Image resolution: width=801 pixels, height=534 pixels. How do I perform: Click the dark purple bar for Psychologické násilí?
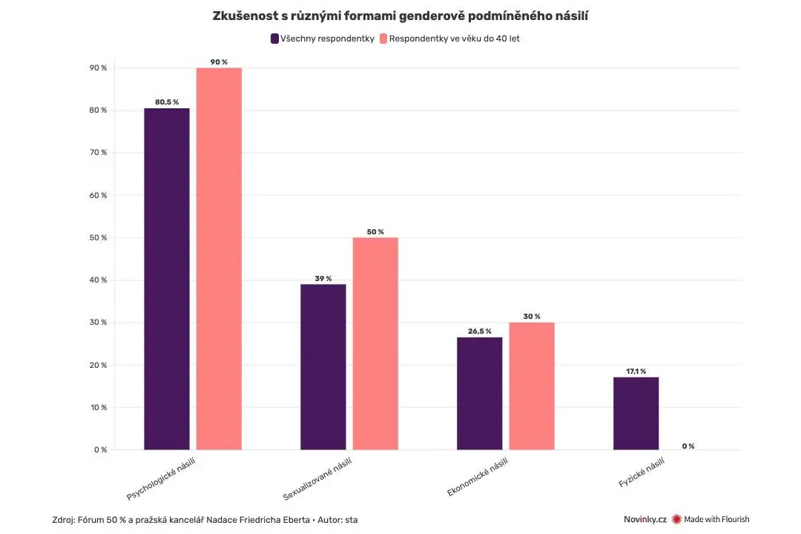(x=167, y=279)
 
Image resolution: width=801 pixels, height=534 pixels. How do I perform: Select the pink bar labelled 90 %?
(x=219, y=259)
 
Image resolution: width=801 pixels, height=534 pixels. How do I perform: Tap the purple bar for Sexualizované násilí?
(x=323, y=367)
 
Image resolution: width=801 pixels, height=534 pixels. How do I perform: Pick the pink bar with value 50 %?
(x=375, y=343)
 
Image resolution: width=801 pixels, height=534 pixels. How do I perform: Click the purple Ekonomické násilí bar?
(x=480, y=394)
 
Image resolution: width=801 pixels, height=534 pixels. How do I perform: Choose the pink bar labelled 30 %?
(x=532, y=386)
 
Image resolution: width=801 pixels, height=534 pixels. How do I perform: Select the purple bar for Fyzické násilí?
(x=636, y=413)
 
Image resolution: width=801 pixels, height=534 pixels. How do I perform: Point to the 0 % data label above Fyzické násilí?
(x=688, y=446)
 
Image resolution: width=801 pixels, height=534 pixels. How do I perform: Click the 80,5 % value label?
(x=167, y=102)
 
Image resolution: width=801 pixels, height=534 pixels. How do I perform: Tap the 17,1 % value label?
(x=636, y=371)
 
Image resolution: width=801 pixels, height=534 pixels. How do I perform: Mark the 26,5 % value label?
(x=480, y=331)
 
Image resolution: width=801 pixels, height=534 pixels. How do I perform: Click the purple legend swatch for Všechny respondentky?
(x=275, y=39)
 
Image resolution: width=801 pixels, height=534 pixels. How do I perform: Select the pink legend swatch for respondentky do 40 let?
(x=383, y=39)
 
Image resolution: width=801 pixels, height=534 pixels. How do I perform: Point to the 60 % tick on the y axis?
(x=99, y=195)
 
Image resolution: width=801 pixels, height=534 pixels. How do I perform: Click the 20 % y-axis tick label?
(x=99, y=365)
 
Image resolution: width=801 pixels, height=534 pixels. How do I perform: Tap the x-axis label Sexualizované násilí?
(x=317, y=479)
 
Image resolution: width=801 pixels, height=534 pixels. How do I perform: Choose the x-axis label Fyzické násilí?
(x=642, y=472)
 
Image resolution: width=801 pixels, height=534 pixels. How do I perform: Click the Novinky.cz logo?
(x=645, y=519)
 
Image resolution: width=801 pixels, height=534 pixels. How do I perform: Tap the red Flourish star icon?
(x=677, y=519)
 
